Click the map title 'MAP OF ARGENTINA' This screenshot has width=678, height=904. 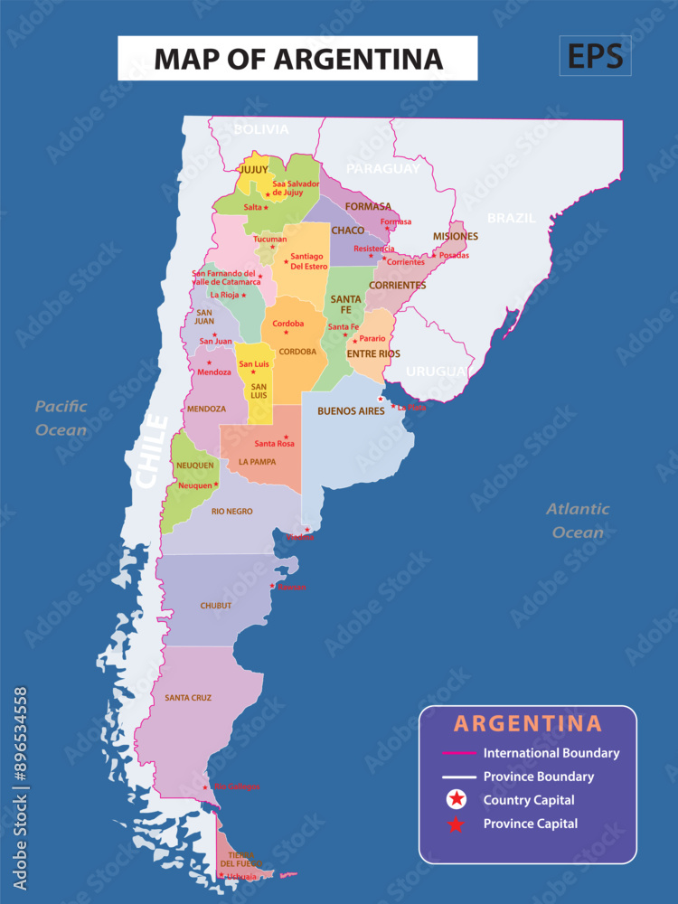pos(298,59)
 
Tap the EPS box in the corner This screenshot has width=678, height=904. pos(595,56)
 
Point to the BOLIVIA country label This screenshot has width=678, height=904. pos(261,129)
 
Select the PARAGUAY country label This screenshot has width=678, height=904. pos(383,168)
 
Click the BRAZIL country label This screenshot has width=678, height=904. pos(511,218)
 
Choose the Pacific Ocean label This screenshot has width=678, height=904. pos(61,418)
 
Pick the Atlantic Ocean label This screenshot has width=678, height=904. pos(578,521)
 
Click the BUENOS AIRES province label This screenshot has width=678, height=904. pos(351,411)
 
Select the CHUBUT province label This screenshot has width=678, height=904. pos(216,606)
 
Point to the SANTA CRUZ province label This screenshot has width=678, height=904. pos(188,698)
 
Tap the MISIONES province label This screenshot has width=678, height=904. pos(455,237)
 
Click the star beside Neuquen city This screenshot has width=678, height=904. pos(216,485)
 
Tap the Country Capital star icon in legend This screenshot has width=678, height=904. pos(458,799)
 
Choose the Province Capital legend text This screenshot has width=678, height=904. pos(530,824)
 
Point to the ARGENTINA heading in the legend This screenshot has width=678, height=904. pos(527,723)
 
